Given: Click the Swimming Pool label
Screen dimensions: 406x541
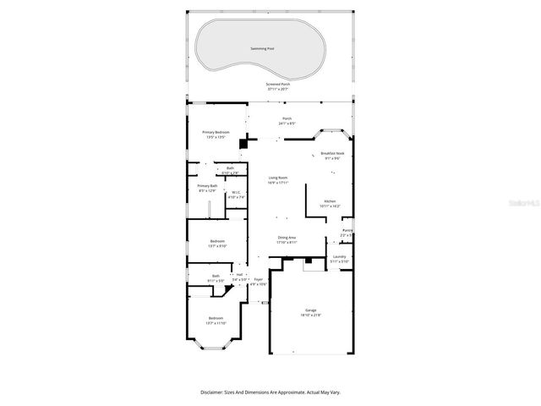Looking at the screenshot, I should click(x=263, y=48).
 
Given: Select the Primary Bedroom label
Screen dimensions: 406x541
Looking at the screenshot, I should click(x=216, y=133).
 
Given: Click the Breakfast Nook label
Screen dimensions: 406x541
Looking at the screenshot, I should click(x=332, y=153).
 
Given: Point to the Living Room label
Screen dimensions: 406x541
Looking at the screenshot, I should click(x=278, y=178).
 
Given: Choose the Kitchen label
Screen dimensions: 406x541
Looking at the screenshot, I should click(x=330, y=201).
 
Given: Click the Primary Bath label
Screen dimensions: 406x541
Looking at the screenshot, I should click(x=207, y=186).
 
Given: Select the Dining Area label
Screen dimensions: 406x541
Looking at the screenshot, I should click(x=287, y=238).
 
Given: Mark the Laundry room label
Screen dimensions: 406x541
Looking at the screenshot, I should click(x=339, y=256).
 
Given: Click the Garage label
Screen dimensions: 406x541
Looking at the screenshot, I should click(x=310, y=310).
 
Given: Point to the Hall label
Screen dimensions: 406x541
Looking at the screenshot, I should click(x=239, y=274).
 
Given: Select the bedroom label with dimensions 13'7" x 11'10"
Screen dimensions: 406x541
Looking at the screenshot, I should click(x=216, y=318).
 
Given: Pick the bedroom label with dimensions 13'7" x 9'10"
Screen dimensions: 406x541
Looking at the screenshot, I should click(x=217, y=242).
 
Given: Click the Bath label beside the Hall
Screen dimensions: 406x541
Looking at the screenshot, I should click(x=216, y=276).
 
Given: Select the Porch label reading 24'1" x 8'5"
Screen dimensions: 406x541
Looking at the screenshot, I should click(x=287, y=119).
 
